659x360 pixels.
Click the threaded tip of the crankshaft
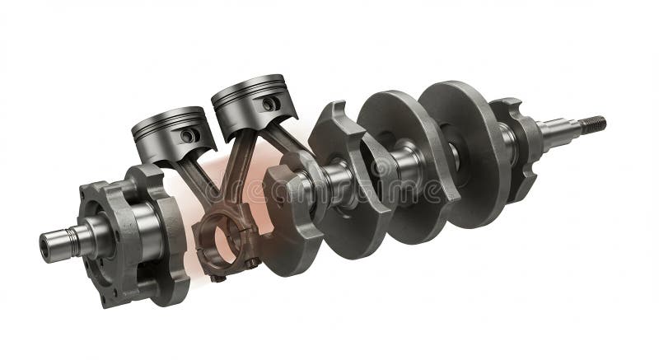coord(593,124)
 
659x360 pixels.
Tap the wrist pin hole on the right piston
coord(269,104)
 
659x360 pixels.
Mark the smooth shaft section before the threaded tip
coord(560,130)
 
